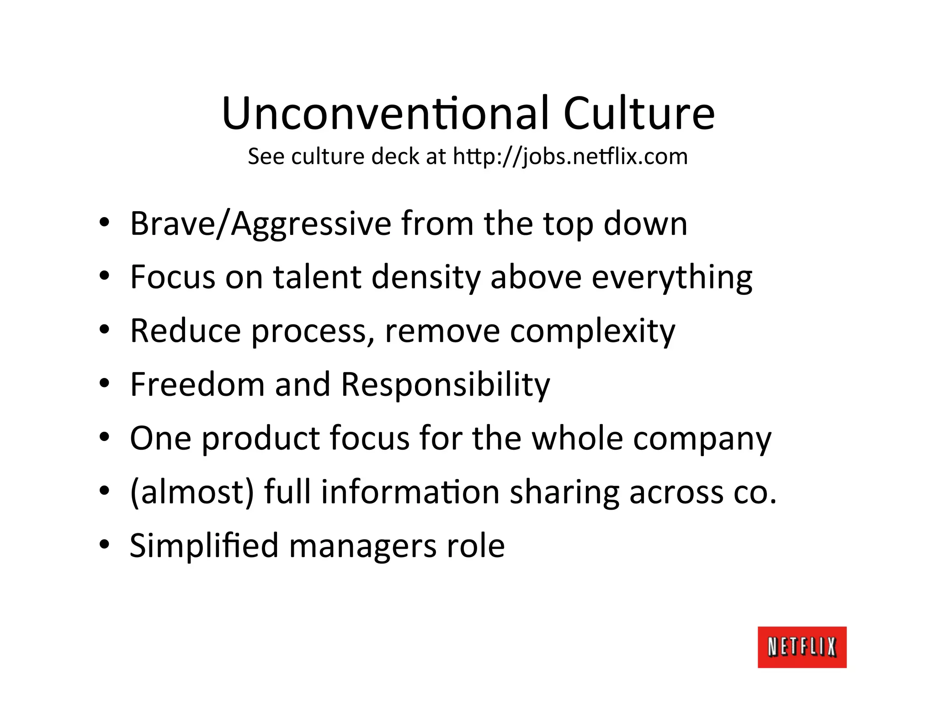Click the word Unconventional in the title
click(x=385, y=113)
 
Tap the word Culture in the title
click(x=638, y=113)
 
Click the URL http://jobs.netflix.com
click(x=570, y=157)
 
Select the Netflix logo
click(x=802, y=647)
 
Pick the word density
click(x=426, y=278)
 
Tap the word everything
click(x=672, y=278)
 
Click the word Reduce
click(x=186, y=330)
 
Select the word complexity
click(x=592, y=331)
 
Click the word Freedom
click(x=197, y=384)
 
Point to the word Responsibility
click(x=445, y=385)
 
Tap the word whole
click(x=577, y=438)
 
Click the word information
click(x=410, y=492)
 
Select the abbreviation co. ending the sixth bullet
click(x=755, y=493)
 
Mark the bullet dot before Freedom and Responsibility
click(x=105, y=383)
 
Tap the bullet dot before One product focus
click(x=105, y=437)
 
